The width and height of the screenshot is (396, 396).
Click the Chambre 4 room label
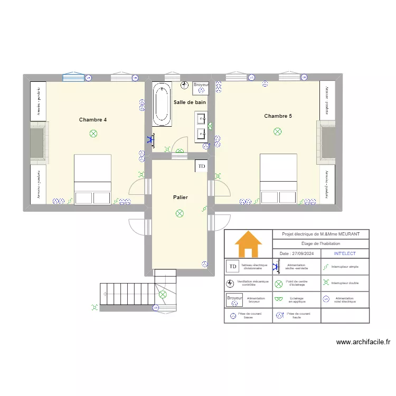click(x=93, y=120)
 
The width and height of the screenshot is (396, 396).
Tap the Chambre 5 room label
click(x=278, y=116)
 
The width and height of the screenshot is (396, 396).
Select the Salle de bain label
click(x=190, y=102)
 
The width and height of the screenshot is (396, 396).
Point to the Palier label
click(x=180, y=197)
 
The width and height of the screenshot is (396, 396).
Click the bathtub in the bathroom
click(x=162, y=104)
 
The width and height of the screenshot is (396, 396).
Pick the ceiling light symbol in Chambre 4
click(x=93, y=134)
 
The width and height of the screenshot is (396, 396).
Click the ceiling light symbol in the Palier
click(x=180, y=213)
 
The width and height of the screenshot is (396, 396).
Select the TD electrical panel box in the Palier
click(x=201, y=166)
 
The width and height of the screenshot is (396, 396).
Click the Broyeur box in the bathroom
click(x=201, y=85)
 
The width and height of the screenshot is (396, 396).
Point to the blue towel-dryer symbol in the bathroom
click(x=152, y=140)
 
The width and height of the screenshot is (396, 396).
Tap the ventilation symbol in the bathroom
click(x=184, y=85)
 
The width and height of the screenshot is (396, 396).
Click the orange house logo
click(x=248, y=244)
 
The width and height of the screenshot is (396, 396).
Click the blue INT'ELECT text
click(x=345, y=253)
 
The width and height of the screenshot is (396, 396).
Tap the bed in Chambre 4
click(x=92, y=179)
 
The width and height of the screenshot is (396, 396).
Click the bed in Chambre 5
click(x=278, y=178)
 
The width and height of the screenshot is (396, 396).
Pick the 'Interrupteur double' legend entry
click(x=345, y=283)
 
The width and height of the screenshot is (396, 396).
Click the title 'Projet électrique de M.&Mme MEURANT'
click(x=320, y=234)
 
